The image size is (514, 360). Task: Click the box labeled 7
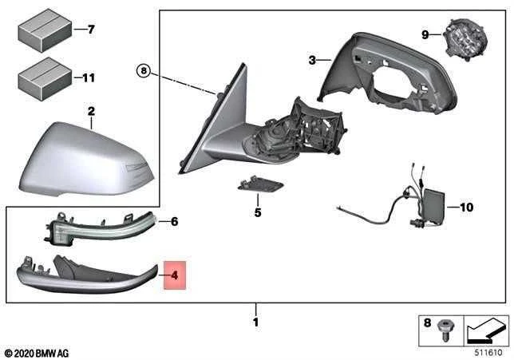tap(45, 30)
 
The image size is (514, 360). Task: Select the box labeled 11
tap(45, 79)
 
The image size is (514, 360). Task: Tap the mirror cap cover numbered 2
tap(86, 160)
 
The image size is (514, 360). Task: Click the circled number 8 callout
tap(143, 71)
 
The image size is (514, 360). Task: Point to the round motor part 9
tap(465, 40)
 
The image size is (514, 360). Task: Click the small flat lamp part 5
tap(260, 185)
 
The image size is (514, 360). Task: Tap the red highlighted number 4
tap(175, 275)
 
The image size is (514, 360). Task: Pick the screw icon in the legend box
tap(443, 330)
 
